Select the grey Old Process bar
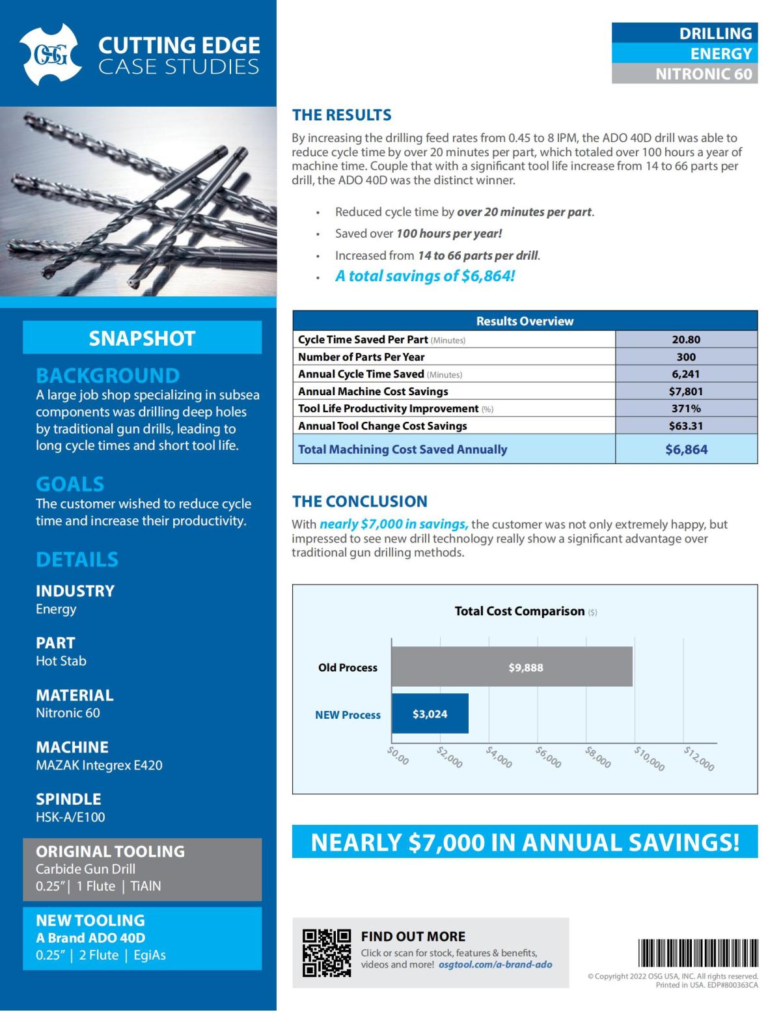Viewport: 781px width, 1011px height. click(512, 667)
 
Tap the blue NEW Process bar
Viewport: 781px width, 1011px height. click(430, 713)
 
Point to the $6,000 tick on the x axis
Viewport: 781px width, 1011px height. click(548, 757)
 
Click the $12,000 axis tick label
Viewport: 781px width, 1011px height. click(698, 758)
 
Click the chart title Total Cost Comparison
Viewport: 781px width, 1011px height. click(519, 611)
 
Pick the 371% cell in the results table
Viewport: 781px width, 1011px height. click(686, 408)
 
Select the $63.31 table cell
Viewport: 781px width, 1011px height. click(686, 426)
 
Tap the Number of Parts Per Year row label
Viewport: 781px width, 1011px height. click(361, 357)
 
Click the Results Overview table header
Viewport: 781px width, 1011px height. click(525, 321)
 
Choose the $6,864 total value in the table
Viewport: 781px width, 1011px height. click(686, 449)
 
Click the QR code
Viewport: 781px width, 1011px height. click(327, 952)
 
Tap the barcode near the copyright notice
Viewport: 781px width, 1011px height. click(698, 953)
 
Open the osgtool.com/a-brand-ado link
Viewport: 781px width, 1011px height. click(495, 965)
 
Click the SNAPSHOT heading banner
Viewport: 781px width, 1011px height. click(142, 338)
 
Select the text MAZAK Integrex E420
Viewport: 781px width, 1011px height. click(99, 765)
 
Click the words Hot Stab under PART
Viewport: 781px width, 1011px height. click(61, 661)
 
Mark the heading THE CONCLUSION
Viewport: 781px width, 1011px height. click(359, 501)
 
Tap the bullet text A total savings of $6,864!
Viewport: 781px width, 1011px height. click(425, 276)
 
